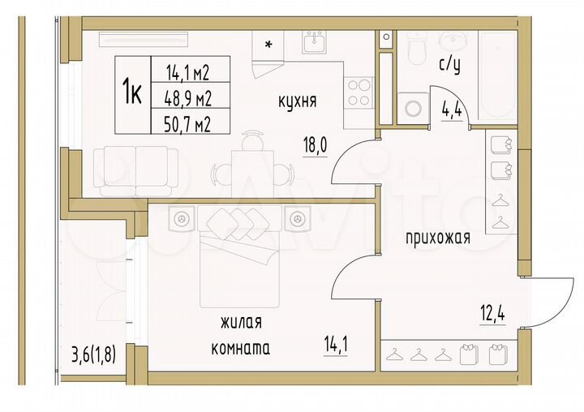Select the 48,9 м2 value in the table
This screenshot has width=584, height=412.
pyautogui.click(x=189, y=99)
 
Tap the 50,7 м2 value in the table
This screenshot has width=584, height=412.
pyautogui.click(x=189, y=124)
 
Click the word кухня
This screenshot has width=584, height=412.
pyautogui.click(x=296, y=101)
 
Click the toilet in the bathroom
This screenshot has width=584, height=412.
pyautogui.click(x=417, y=49)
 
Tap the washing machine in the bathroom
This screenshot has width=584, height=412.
pyautogui.click(x=415, y=108)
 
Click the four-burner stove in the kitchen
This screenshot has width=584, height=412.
pyautogui.click(x=359, y=92)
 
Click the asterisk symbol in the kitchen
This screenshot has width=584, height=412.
pyautogui.click(x=268, y=45)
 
